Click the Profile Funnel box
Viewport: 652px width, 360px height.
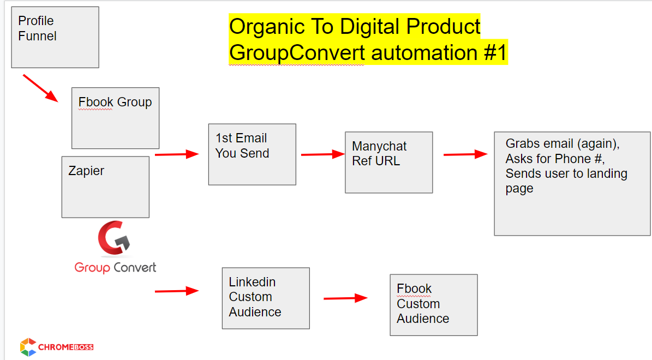pos(55,37)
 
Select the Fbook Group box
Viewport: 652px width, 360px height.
pos(115,118)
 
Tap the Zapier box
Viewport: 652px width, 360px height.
pos(105,187)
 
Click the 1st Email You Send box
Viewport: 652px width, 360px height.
pos(252,154)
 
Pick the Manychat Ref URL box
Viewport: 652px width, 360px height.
pos(389,163)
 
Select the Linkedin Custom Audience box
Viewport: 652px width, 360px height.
pos(266,298)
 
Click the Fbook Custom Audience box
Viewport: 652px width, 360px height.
pos(434,305)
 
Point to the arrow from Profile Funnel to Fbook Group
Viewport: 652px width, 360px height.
pos(40,88)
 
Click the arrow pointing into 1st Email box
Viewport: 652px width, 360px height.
pos(177,154)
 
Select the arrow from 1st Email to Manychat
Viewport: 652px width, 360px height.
pos(322,154)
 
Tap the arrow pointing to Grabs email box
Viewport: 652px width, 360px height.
pos(465,154)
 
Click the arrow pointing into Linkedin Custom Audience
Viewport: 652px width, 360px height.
pos(177,291)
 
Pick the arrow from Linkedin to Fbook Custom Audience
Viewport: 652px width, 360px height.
pos(345,298)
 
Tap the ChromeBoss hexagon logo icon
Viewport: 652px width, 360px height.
pos(28,347)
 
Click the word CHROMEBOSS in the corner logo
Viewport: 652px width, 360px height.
pos(65,347)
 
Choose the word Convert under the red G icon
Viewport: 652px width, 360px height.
pos(135,267)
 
